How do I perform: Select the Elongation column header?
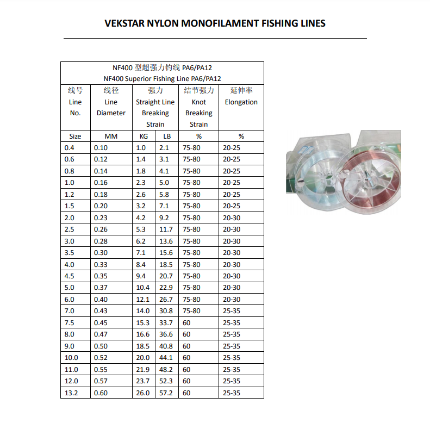241,102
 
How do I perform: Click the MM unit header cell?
111,136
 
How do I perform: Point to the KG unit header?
144,136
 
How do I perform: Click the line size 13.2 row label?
72,393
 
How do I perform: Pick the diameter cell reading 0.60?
101,393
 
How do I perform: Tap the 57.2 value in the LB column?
166,393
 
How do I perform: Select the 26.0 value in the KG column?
143,393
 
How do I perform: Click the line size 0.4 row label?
69,148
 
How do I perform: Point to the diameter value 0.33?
101,265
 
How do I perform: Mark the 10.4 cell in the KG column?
143,288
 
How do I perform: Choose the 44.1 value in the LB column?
166,358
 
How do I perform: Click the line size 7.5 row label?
69,323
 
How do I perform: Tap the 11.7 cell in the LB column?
166,229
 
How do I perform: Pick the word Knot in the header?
199,102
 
